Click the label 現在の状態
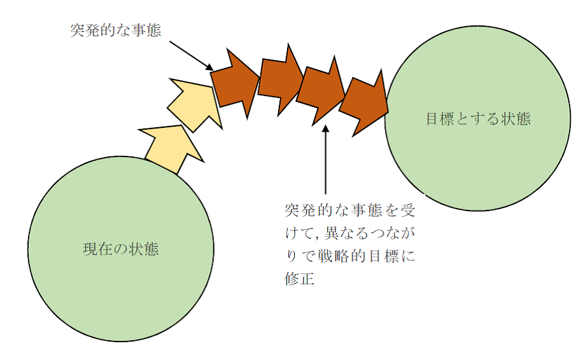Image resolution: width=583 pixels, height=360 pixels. click(121, 249)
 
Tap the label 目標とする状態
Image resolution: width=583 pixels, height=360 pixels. click(478, 119)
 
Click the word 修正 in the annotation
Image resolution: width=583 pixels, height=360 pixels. click(300, 279)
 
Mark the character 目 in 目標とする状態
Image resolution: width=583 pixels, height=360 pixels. click(432, 119)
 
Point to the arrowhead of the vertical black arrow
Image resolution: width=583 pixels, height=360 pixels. click(325, 129)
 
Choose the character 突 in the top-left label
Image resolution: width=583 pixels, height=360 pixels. click(78, 30)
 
